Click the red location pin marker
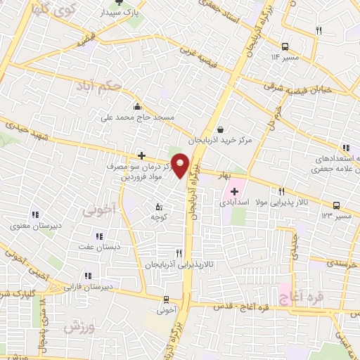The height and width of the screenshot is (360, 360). tap(181, 166)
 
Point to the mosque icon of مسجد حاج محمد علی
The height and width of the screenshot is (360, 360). tap(137, 106)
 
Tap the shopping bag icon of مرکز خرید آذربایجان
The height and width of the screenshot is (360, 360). tap(221, 129)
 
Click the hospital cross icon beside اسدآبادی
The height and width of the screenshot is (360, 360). tap(234, 191)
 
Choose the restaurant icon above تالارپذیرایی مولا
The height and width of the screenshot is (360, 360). tap(281, 191)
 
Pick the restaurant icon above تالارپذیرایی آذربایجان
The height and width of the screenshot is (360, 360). tap(179, 253)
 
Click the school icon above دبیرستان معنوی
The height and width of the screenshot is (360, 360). tap(33, 216)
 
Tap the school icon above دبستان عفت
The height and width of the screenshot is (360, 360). tap(98, 236)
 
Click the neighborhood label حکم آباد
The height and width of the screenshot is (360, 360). tap(97, 87)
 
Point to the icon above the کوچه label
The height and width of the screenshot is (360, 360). tap(158, 207)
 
